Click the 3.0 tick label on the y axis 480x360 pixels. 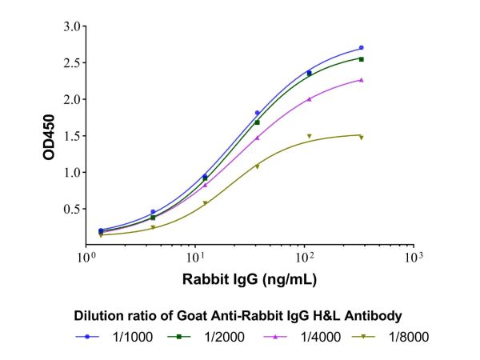click(70, 26)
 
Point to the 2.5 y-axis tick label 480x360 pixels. click(70, 63)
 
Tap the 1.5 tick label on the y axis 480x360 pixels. click(70, 136)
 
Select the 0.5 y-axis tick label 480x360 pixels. click(70, 209)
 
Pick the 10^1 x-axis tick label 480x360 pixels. click(195, 258)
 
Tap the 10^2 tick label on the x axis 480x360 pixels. click(304, 258)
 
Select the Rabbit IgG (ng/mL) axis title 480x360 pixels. click(250, 280)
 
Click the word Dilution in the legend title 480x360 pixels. click(98, 314)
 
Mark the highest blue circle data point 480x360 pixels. click(362, 48)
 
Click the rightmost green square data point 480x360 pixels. click(362, 59)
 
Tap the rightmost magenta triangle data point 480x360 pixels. click(362, 80)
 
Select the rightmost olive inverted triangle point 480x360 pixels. click(362, 138)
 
